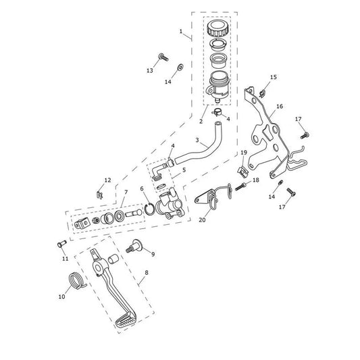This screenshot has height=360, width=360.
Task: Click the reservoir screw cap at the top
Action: coord(217,28)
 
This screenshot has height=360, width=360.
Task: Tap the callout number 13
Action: coord(150,71)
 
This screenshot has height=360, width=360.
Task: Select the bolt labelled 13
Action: coord(163,57)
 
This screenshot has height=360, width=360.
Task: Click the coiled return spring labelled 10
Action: coord(77,280)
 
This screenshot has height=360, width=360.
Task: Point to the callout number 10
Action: coord(61,297)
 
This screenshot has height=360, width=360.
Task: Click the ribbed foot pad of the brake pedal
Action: coord(126,320)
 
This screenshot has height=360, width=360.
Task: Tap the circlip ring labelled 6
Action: coord(150,209)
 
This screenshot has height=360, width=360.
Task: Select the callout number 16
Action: coord(280,106)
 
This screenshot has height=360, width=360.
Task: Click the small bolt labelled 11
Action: coord(61,244)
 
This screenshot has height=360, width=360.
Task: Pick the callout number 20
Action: coord(202,220)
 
